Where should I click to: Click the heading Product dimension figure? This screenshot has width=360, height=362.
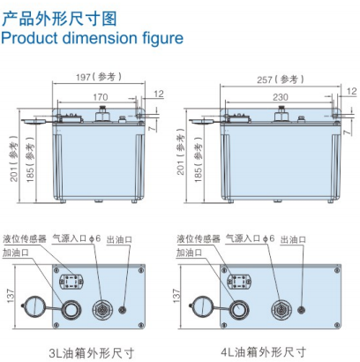coord(92,38)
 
